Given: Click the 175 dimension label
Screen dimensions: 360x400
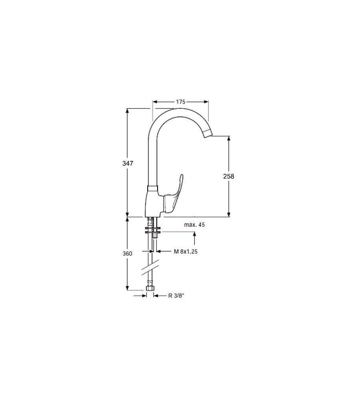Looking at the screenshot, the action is click(180, 102).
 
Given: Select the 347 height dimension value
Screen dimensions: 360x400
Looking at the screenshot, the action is click(128, 163).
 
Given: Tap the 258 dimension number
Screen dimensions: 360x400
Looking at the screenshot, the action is click(229, 176).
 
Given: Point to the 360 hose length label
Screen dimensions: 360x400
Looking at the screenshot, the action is click(127, 254).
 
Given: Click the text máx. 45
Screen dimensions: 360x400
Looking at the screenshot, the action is click(194, 225).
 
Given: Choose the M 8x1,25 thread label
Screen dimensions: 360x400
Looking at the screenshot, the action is click(186, 252).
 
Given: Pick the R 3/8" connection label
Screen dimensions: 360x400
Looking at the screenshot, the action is click(176, 296).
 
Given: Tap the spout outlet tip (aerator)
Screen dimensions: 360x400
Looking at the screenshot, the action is click(208, 134).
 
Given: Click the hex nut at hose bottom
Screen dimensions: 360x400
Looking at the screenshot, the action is click(150, 288).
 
